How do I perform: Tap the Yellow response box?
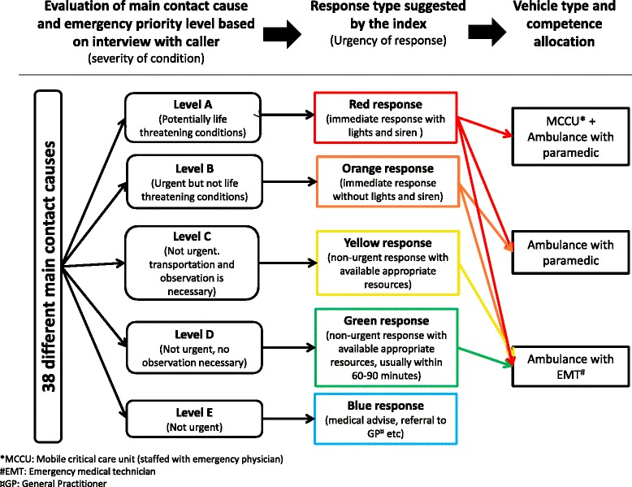[x=384, y=260]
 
